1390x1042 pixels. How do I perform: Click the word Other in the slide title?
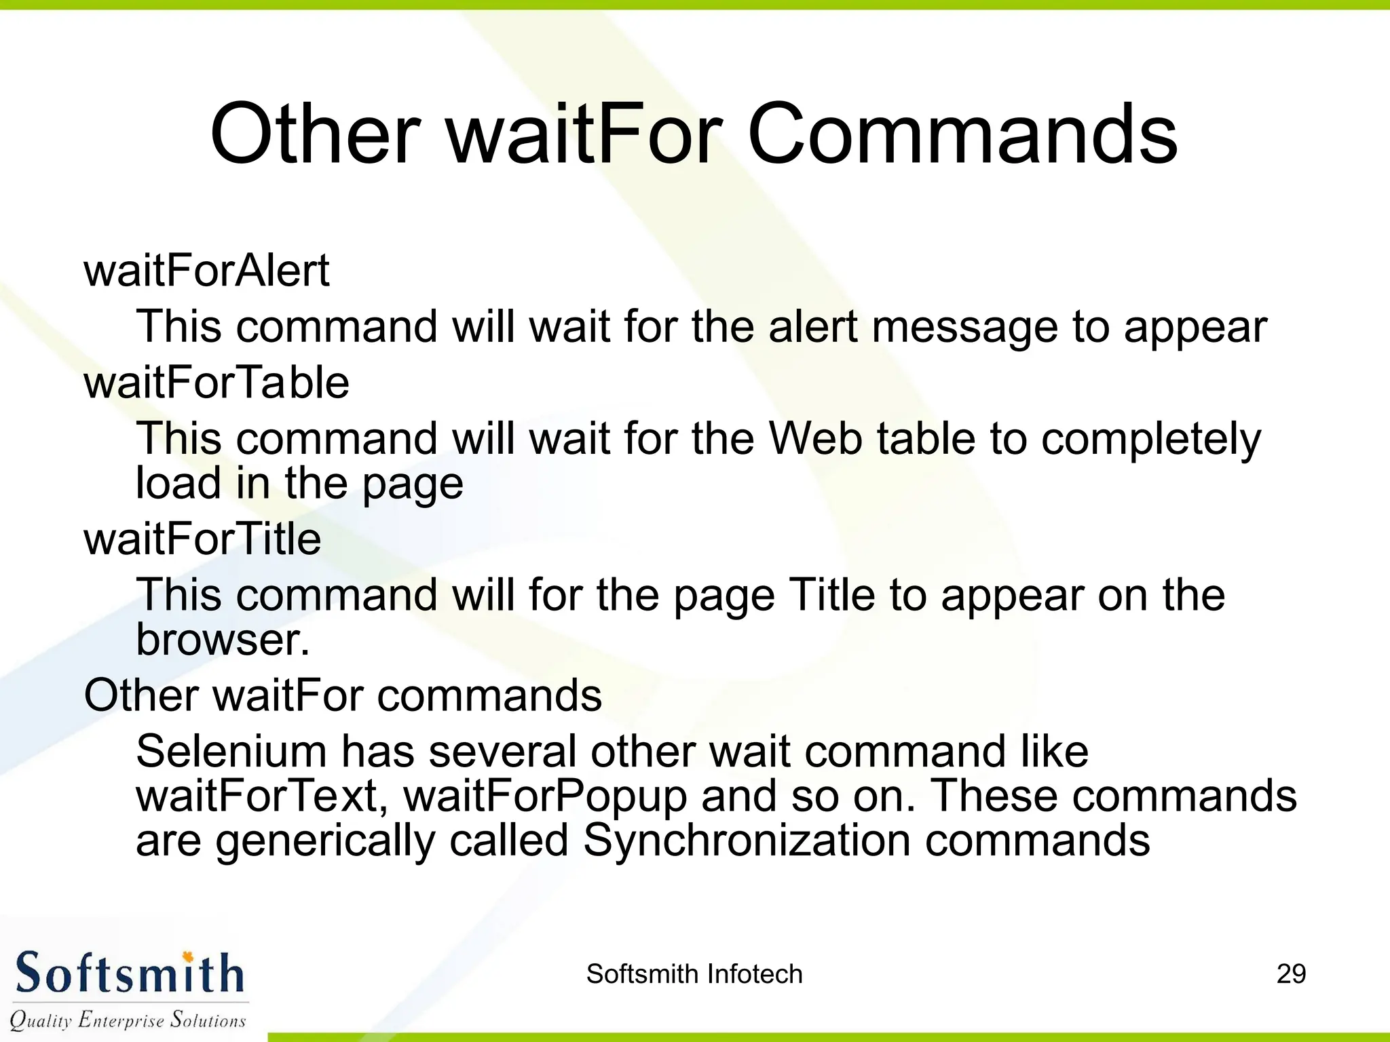pos(315,134)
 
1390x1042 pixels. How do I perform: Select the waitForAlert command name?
pos(206,271)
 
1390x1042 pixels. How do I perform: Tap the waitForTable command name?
pos(217,383)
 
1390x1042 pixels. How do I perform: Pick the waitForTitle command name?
pos(202,539)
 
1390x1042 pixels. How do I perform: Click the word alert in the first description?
pos(812,327)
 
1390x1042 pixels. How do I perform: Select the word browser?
pos(223,640)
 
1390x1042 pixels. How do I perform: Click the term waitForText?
pos(263,796)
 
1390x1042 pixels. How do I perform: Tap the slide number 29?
pos(1290,974)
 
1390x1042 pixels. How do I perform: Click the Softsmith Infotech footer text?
pos(694,974)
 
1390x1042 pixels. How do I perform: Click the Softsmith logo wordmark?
pos(129,973)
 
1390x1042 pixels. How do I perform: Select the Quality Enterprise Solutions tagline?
pos(128,1020)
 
